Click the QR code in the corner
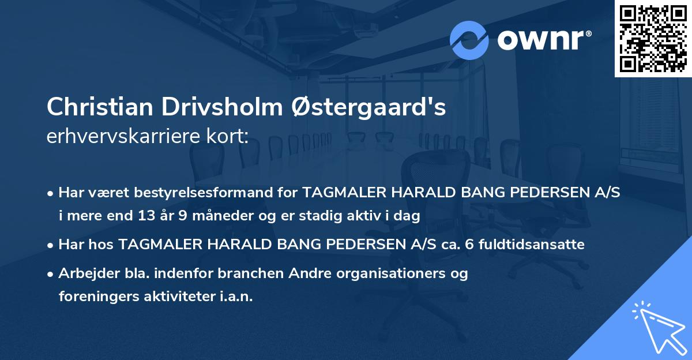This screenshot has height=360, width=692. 653,39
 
